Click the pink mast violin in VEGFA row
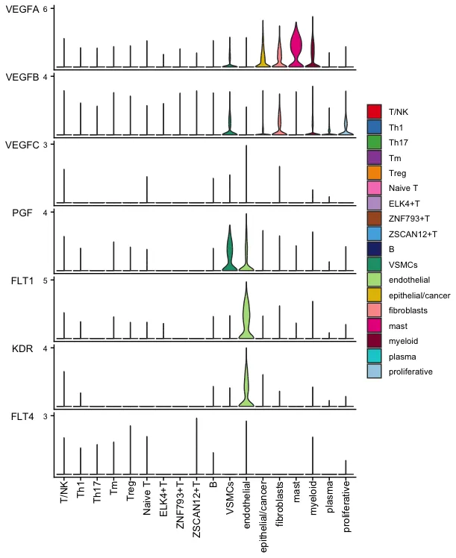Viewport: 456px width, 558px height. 296,51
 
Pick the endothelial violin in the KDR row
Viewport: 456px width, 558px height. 246,380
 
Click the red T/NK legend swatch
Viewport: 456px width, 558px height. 374,111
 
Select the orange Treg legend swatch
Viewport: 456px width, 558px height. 374,173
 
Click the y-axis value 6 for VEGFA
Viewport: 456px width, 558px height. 46,9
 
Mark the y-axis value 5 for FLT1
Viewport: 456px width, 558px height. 46,280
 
